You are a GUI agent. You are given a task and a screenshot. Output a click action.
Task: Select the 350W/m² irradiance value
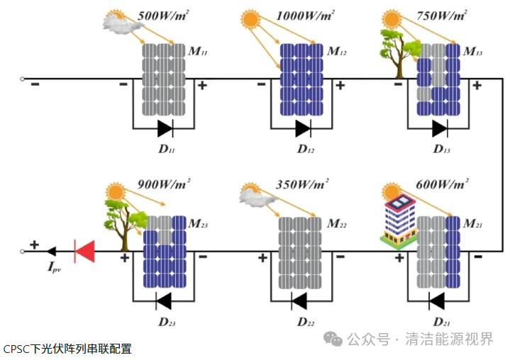(x=301, y=185)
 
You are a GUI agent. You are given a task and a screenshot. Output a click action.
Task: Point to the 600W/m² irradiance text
(x=441, y=185)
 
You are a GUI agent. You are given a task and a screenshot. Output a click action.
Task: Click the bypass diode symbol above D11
(x=165, y=128)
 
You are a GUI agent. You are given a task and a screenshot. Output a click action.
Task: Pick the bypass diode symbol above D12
(x=303, y=128)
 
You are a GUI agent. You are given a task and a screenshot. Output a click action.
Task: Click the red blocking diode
(x=85, y=250)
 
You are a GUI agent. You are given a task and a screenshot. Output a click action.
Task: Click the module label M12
(x=337, y=52)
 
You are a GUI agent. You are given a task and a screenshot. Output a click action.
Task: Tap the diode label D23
(x=167, y=323)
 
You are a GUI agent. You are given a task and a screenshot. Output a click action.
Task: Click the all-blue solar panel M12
(x=302, y=79)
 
